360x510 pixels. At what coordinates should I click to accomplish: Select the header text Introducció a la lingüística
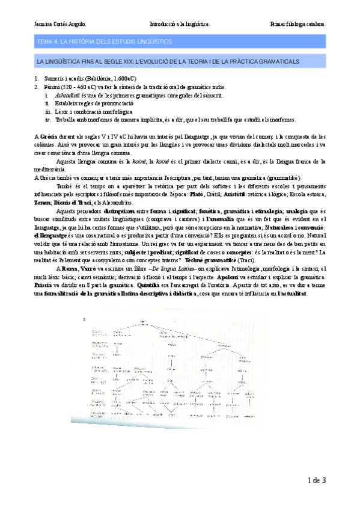click(x=179, y=25)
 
